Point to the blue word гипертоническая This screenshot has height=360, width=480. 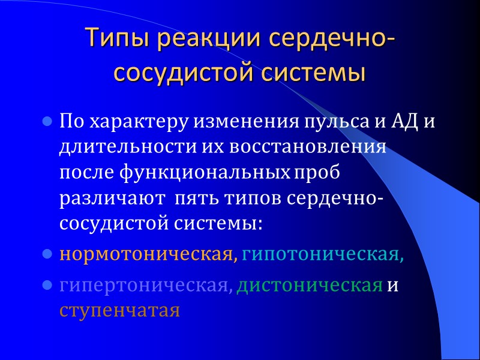(145, 286)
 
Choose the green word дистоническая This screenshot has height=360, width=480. (310, 286)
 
